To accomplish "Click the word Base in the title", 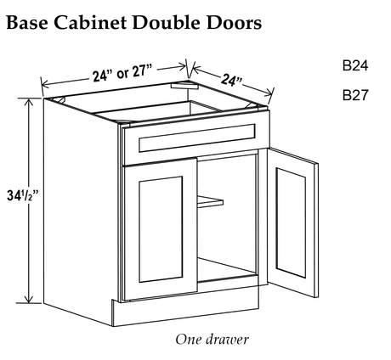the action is click(x=27, y=22).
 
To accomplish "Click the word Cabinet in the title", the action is click(x=90, y=22).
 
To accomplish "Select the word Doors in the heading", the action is click(x=234, y=23).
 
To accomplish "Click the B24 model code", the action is click(x=355, y=65).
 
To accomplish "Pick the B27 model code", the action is click(x=355, y=95).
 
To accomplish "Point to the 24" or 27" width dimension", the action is click(x=122, y=73).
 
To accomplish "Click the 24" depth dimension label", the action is click(x=231, y=80).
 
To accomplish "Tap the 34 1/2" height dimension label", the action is click(x=23, y=195).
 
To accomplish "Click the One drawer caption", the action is click(x=212, y=340).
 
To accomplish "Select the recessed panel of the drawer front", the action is click(x=197, y=138).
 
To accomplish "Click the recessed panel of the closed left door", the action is click(x=161, y=229).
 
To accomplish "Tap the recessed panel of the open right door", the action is click(x=291, y=222).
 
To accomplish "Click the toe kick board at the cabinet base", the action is click(x=185, y=311).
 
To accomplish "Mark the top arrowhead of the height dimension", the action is click(x=28, y=102).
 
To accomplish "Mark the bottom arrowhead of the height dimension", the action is click(x=28, y=300).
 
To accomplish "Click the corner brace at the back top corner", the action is click(x=184, y=85).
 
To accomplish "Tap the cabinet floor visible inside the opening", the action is click(x=227, y=270).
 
